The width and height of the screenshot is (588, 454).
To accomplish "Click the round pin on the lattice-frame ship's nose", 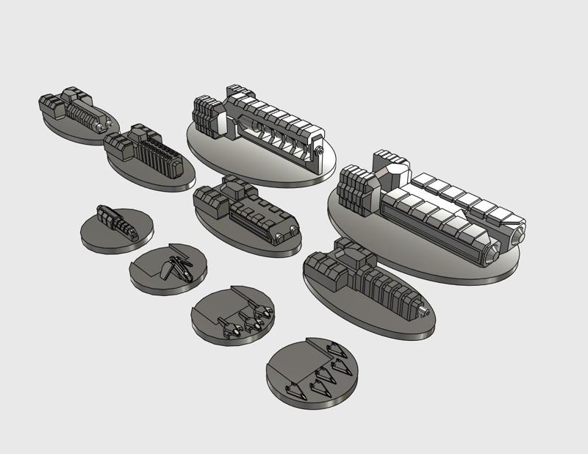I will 320,153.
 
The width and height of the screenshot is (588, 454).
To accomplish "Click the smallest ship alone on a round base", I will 116,221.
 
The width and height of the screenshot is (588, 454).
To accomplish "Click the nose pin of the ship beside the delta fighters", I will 423,311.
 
